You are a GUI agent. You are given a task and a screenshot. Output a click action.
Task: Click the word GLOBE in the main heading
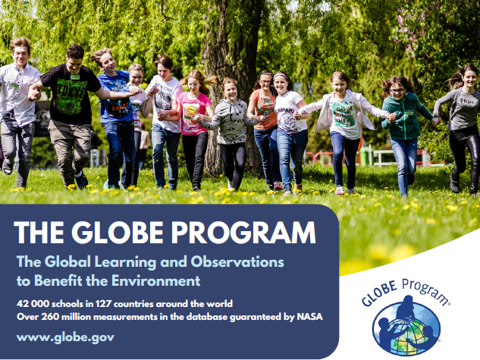click(x=118, y=232)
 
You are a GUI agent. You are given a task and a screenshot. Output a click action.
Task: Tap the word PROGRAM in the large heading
click(x=243, y=232)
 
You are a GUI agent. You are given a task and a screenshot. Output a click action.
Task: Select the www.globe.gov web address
click(x=65, y=337)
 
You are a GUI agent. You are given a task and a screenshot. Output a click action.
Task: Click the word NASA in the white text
click(x=310, y=317)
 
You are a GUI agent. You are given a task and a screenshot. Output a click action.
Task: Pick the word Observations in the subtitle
click(x=237, y=261)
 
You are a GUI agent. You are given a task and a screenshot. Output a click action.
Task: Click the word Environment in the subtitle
click(x=155, y=280)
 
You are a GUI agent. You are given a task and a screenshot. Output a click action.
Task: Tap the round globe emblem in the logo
click(x=406, y=327)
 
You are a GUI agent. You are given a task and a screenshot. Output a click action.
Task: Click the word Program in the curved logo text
click(x=425, y=290)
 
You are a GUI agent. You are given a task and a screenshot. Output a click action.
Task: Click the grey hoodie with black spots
click(x=231, y=122)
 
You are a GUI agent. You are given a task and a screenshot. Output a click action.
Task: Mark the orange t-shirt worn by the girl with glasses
click(x=264, y=109)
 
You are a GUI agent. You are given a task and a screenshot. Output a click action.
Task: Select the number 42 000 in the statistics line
click(x=33, y=304)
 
